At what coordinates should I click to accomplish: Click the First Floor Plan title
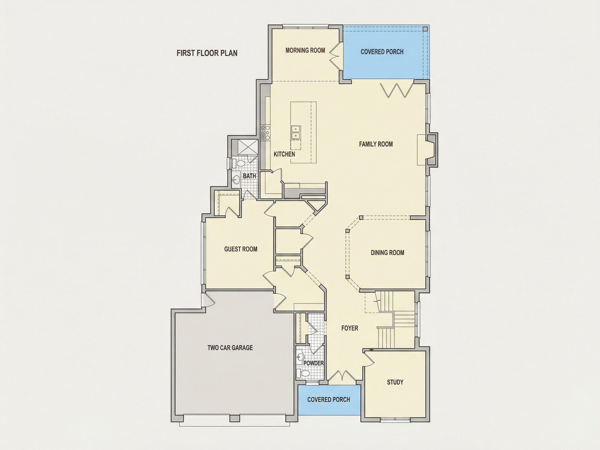[207, 53]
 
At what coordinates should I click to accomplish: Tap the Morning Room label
[305, 50]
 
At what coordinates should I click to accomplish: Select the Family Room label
[376, 144]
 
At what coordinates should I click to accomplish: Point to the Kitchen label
[284, 154]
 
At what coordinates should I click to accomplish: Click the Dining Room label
[387, 253]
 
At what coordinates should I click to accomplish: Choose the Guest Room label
[241, 249]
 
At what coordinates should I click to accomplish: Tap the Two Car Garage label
[230, 347]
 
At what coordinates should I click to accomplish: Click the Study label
[395, 382]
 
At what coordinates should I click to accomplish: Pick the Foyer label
[350, 328]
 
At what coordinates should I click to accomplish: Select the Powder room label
[314, 363]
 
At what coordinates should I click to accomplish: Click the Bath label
[249, 176]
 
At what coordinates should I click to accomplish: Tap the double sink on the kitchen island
[296, 132]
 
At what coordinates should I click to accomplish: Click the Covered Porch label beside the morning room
[382, 52]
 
